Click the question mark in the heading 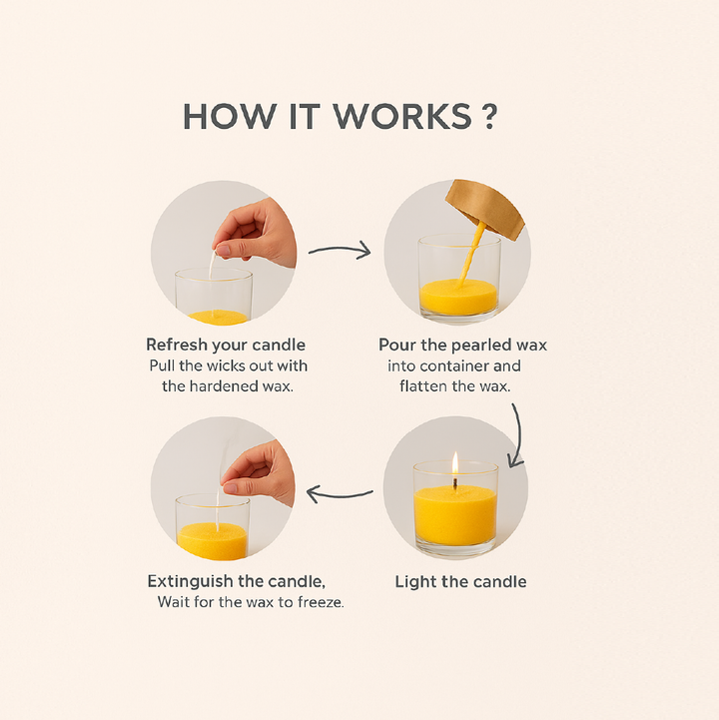490,117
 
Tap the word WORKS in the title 402,117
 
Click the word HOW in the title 230,117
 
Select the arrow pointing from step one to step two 340,251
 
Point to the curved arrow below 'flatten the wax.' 519,436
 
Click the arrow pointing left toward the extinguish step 340,494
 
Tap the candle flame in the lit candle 455,463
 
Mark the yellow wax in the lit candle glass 455,515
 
